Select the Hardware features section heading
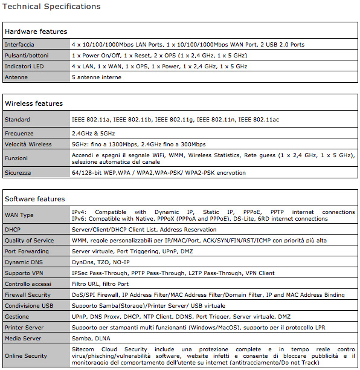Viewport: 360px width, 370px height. tap(36, 31)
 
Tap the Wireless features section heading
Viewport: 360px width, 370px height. tap(34, 103)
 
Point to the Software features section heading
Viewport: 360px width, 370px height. tap(34, 199)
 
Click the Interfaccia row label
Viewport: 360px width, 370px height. tap(19, 45)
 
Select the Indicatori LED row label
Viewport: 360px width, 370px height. tap(24, 67)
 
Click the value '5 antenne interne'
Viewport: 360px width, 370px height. tap(97, 77)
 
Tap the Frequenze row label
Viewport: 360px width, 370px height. tap(19, 133)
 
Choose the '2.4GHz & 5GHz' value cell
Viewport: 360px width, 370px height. tap(93, 133)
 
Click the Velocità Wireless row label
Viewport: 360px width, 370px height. tap(28, 144)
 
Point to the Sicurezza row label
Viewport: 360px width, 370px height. tap(19, 173)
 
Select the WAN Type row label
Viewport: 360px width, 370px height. tap(19, 216)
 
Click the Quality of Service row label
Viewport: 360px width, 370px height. tap(29, 241)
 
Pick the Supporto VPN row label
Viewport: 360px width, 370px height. tap(25, 273)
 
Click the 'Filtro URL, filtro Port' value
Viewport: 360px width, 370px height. tap(100, 284)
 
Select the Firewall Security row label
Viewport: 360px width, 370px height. tap(28, 295)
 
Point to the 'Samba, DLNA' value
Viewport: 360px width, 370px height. tap(91, 339)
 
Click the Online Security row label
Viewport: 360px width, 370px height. tap(26, 356)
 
